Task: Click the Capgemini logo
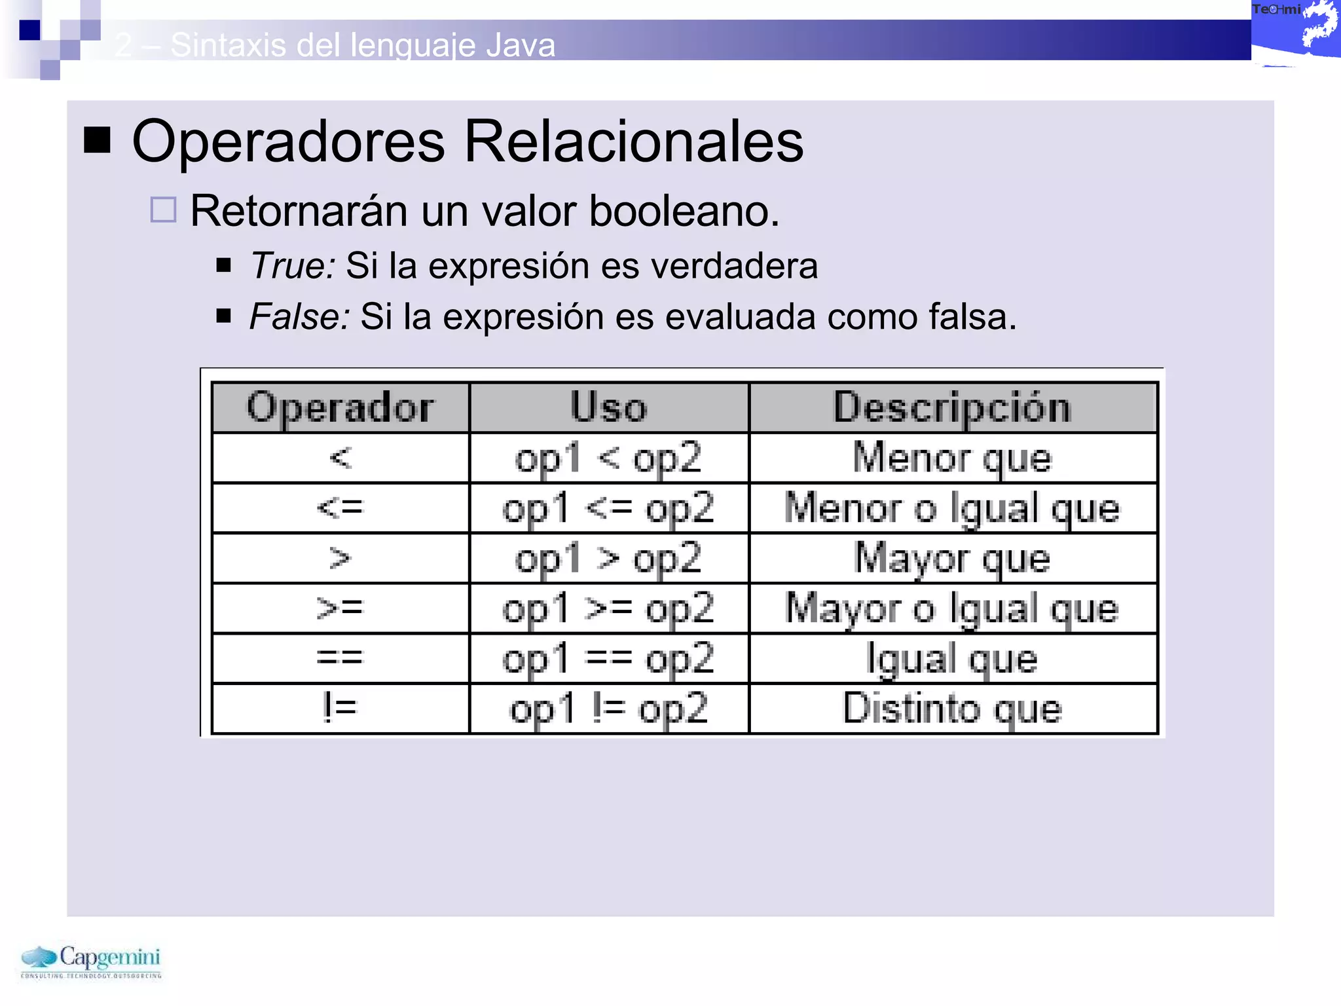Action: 91,961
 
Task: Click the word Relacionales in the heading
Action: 633,141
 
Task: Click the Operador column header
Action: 340,407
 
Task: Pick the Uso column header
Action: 609,407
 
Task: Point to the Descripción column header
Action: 953,407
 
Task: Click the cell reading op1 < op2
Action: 609,458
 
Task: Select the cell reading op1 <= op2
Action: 609,508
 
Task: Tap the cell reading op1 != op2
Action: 609,709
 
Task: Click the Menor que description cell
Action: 953,458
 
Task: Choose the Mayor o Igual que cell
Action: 953,608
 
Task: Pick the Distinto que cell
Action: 953,709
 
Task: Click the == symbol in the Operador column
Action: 340,658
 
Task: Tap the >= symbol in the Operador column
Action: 340,608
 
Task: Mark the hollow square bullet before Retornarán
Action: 163,210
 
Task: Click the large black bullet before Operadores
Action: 98,140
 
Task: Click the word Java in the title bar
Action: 521,45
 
